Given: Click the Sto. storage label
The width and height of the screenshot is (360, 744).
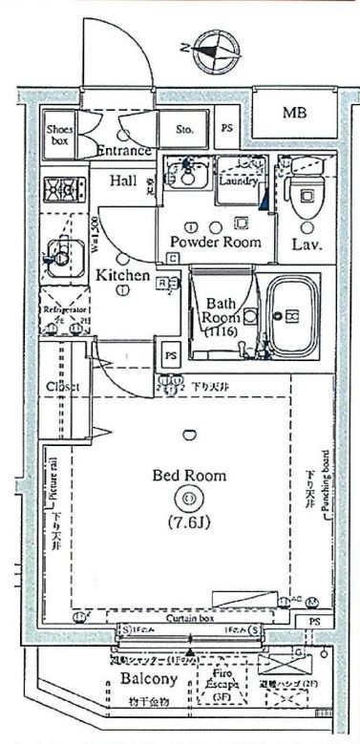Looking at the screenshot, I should point(184,127).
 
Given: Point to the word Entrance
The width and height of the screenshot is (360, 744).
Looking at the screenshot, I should point(124,151).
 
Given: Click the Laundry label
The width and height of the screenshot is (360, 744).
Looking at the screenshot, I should point(233,179).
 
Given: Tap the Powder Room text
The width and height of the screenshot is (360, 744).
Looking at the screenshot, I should point(215,243).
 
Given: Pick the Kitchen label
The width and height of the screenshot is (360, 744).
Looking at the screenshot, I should point(122,276).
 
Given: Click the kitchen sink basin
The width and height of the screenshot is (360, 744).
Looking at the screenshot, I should point(59,256).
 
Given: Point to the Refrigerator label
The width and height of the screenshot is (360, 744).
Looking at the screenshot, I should point(63,310).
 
